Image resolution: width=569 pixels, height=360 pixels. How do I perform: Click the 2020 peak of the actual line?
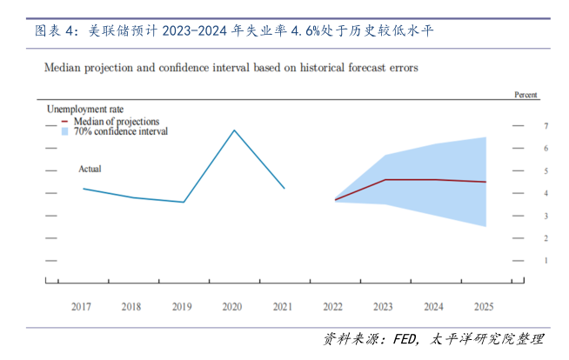[x=234, y=130]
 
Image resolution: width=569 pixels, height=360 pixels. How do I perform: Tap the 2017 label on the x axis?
[x=82, y=307]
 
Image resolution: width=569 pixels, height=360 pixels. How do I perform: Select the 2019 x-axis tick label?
[x=183, y=307]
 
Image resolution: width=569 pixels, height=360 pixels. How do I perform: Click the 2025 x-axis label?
[x=485, y=307]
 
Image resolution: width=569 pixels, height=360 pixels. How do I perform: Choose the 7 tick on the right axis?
[x=545, y=126]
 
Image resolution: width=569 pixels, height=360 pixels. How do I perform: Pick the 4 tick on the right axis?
[x=545, y=193]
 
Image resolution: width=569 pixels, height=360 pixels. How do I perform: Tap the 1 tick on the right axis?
[x=545, y=260]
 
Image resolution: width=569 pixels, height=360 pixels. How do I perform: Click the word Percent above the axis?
[x=525, y=94]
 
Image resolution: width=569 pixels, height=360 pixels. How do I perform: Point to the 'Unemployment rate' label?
[x=84, y=110]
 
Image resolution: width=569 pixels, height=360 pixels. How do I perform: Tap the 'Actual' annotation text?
[x=90, y=169]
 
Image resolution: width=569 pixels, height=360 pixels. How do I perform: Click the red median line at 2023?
[x=385, y=180]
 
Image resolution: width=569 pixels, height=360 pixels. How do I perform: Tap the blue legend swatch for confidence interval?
[x=64, y=131]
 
